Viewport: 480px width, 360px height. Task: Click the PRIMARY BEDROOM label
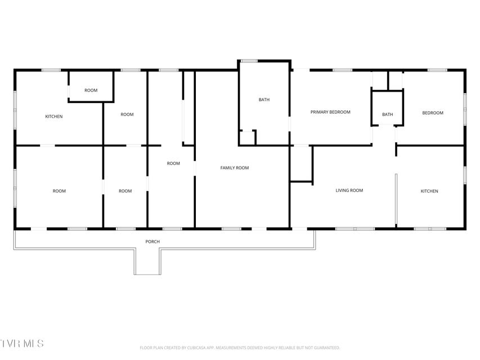(x=330, y=112)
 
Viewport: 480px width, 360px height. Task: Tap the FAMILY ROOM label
(x=235, y=168)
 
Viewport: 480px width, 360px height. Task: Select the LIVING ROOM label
(x=349, y=191)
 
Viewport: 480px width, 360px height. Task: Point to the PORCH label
(x=152, y=241)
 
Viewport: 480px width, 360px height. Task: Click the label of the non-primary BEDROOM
(x=433, y=113)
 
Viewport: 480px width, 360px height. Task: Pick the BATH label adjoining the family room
(x=264, y=100)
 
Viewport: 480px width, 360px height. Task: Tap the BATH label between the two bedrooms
(x=387, y=115)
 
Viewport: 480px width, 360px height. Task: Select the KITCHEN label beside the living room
(x=429, y=191)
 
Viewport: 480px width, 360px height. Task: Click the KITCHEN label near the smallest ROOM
(x=54, y=116)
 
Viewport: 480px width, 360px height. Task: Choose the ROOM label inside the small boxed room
(x=91, y=91)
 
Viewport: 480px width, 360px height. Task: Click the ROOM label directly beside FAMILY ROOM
(x=173, y=164)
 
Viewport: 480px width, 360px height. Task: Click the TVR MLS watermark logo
(x=22, y=343)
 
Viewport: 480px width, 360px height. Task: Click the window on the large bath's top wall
(x=249, y=61)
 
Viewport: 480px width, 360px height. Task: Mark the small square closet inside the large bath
(x=248, y=137)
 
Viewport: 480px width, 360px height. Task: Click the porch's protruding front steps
(x=147, y=262)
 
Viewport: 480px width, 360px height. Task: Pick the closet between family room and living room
(x=302, y=164)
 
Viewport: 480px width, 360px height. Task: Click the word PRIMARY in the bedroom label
(x=319, y=112)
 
